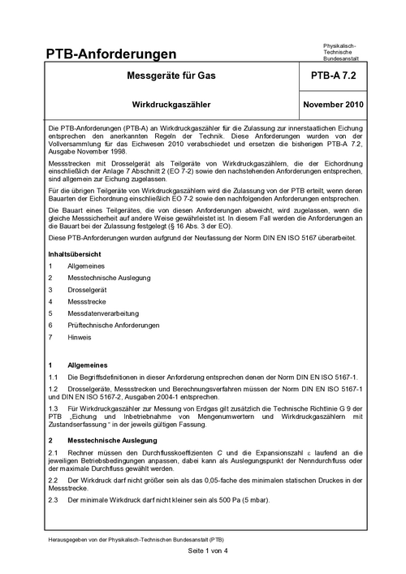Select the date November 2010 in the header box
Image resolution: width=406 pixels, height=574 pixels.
click(339, 106)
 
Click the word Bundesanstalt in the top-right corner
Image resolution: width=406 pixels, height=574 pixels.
click(342, 60)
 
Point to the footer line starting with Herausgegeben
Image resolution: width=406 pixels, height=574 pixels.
click(136, 538)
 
